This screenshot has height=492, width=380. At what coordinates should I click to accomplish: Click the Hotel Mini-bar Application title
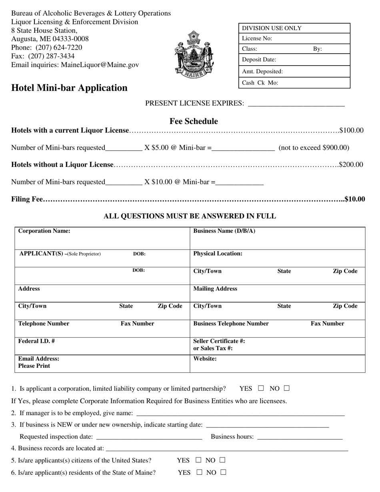click(69, 88)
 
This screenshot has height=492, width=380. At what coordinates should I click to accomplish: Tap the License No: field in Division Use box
click(294, 38)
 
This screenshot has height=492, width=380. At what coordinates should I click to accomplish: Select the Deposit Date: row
click(294, 60)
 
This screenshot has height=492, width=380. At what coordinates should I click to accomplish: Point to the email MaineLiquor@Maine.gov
click(100, 65)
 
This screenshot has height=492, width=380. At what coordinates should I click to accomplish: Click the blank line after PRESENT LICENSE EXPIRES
click(296, 104)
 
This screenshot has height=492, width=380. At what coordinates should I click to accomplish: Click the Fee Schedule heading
click(194, 121)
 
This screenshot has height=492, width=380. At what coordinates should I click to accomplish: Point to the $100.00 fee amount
click(352, 130)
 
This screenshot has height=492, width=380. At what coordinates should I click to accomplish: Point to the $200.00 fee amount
click(351, 165)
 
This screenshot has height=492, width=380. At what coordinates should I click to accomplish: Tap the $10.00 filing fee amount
click(355, 199)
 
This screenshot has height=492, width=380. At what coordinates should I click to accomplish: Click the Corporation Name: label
click(44, 231)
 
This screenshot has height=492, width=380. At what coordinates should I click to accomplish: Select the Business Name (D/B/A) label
click(224, 231)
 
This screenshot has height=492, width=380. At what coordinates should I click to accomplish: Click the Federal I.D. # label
click(36, 341)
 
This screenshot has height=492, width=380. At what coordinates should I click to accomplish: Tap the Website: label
click(205, 359)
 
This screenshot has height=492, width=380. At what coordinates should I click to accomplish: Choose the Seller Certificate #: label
click(219, 341)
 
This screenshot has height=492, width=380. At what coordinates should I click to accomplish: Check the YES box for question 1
click(261, 388)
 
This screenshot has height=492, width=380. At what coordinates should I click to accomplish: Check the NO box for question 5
click(222, 460)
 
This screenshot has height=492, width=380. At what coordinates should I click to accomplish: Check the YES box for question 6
click(199, 472)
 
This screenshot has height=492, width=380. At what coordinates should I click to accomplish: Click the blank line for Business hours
click(300, 437)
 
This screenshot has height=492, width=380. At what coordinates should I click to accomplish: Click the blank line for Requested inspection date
click(149, 437)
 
